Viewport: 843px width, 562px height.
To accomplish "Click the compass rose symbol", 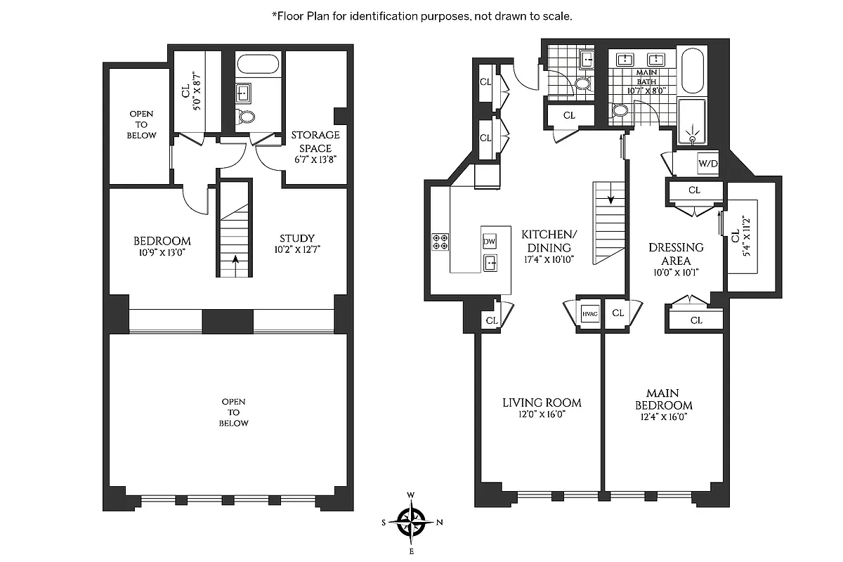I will click(x=412, y=521).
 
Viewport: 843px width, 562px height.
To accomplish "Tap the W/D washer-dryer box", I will click(x=706, y=164).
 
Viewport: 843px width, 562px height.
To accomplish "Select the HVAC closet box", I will click(x=589, y=313).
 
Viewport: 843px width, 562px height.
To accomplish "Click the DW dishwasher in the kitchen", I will click(x=490, y=241).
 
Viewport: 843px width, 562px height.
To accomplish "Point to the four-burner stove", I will click(x=440, y=242).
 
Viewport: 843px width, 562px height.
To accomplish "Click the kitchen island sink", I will click(x=490, y=263).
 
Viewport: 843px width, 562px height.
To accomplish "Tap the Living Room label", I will click(x=542, y=403).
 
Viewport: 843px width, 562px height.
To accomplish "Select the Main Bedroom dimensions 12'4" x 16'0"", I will click(x=663, y=417).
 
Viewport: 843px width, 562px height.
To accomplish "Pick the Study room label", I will click(x=296, y=238).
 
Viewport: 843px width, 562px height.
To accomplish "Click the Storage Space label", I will click(x=316, y=140).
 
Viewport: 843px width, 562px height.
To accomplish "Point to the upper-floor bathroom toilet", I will click(x=244, y=117).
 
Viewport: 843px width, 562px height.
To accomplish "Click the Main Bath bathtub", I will click(x=692, y=70).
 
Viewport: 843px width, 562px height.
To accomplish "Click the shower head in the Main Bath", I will click(x=693, y=138).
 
